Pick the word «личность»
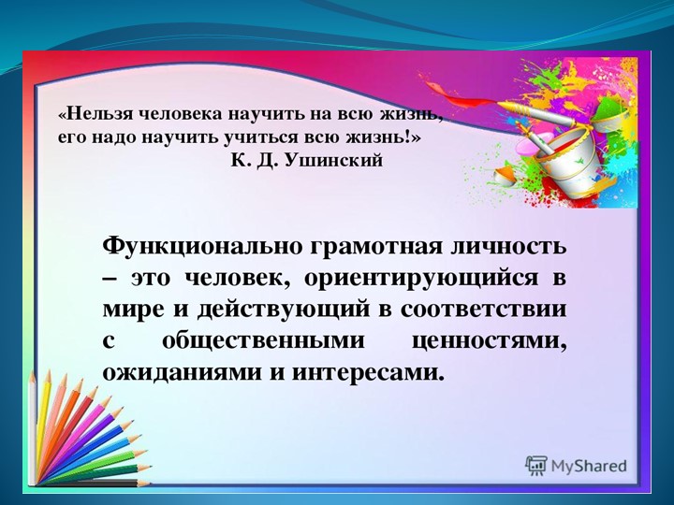504,247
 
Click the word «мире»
131,310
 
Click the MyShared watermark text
588,466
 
